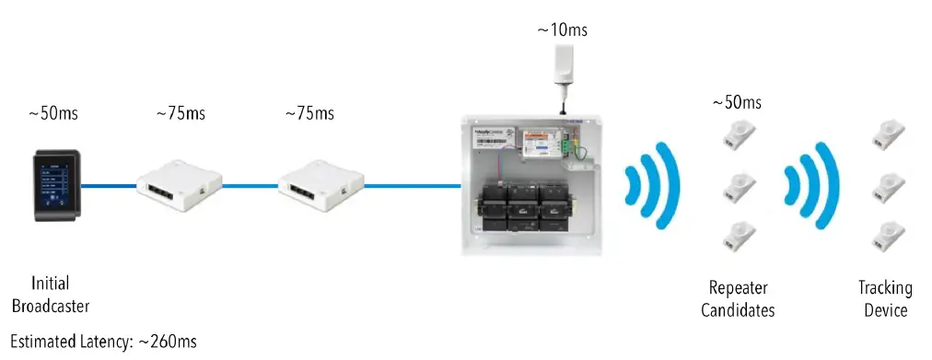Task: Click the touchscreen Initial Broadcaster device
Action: pos(54,184)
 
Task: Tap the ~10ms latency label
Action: pos(562,30)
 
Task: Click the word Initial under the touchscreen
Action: pos(50,285)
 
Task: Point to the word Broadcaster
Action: pos(51,306)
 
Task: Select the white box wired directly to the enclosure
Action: pos(321,187)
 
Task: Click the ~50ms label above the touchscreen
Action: pos(52,114)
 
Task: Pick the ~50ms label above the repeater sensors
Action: pos(737,101)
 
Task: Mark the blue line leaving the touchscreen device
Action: pos(109,186)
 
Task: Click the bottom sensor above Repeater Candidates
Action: pos(739,234)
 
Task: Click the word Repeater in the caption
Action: pos(738,288)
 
